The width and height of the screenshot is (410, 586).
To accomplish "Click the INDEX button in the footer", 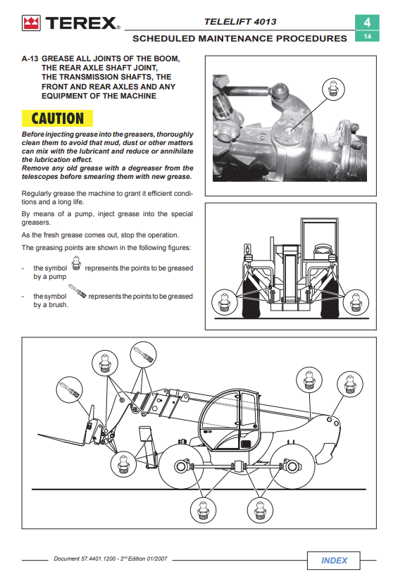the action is [x=334, y=560].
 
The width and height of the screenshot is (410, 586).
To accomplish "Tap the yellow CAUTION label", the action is [x=57, y=118].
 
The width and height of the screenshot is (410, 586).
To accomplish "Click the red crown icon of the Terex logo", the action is [x=31, y=23].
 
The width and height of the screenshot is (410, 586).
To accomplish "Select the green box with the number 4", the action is [x=367, y=23].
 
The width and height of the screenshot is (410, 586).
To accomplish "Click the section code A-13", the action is [x=30, y=58].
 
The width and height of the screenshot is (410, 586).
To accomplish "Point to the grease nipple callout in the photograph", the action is [x=333, y=89].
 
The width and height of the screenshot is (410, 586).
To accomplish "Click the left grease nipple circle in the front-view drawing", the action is [x=225, y=302].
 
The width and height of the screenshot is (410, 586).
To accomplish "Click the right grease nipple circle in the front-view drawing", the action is [x=356, y=302].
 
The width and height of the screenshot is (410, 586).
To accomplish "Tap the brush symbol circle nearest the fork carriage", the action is [x=70, y=389].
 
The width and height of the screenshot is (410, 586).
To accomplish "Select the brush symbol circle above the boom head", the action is [x=143, y=355].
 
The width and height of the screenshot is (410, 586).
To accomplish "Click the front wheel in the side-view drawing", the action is [x=182, y=466].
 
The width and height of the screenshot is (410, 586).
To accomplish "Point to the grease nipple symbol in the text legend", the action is [x=76, y=263].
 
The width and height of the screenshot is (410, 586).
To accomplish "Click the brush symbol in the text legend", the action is [x=77, y=291].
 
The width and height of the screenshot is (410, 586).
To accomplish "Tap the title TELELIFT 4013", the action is [x=240, y=22].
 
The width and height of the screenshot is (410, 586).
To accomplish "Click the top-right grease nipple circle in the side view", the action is [x=350, y=384].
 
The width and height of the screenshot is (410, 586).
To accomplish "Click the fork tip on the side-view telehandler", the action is [x=38, y=435].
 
